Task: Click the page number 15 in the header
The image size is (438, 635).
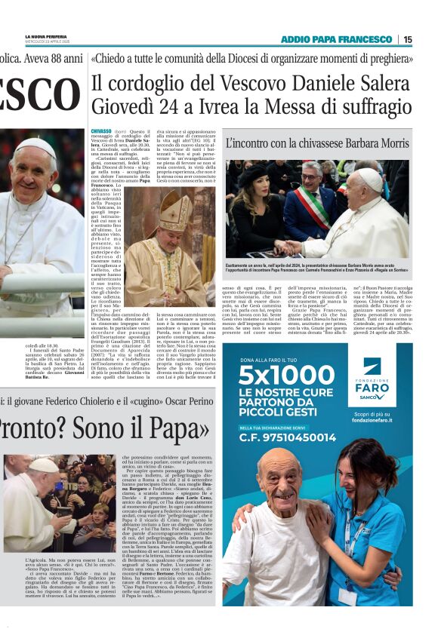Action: click(x=408, y=39)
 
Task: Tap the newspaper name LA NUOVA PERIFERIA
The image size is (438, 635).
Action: click(x=41, y=36)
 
